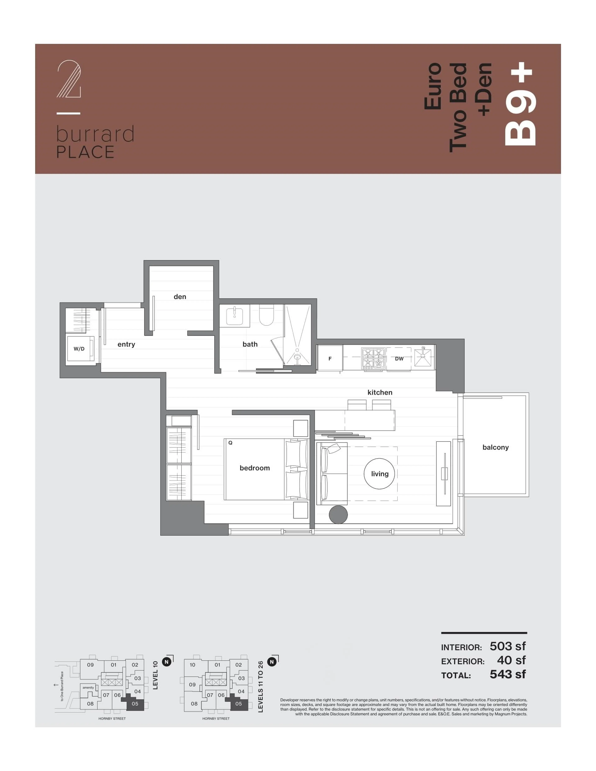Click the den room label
tap(180, 297)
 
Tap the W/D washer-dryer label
tap(79, 349)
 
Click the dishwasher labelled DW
tap(399, 359)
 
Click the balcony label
tap(495, 447)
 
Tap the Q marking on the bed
tap(230, 443)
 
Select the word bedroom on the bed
tap(255, 468)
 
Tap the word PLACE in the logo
tap(86, 152)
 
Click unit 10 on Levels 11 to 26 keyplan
tap(192, 665)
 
